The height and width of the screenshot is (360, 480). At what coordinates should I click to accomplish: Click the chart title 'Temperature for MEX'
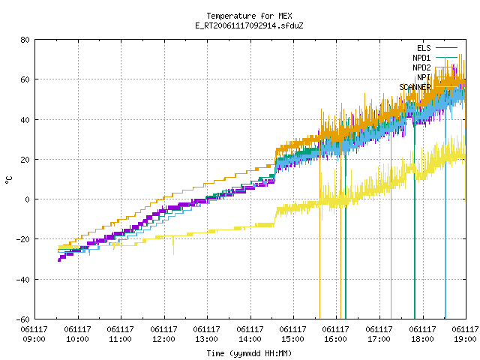(x=249, y=16)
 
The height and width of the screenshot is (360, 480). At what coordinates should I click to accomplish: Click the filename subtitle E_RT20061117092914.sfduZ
(x=249, y=25)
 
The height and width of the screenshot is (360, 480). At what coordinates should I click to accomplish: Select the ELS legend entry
(x=424, y=48)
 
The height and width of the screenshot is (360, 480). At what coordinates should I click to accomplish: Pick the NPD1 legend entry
(x=421, y=58)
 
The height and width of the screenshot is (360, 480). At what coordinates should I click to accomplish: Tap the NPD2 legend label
(x=421, y=67)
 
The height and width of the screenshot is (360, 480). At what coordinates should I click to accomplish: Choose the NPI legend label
(x=424, y=77)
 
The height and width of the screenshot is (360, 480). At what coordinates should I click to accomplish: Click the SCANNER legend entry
(x=415, y=87)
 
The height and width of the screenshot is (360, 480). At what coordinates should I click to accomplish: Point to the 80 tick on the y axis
(x=25, y=40)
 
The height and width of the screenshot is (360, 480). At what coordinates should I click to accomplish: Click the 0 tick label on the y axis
(x=28, y=199)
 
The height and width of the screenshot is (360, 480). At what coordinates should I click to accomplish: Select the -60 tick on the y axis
(x=23, y=319)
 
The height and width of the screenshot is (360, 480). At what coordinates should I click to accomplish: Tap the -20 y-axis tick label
(x=23, y=239)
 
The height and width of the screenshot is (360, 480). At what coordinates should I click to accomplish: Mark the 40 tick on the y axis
(x=25, y=120)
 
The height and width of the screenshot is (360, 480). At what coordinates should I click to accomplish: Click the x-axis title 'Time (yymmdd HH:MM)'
(x=249, y=353)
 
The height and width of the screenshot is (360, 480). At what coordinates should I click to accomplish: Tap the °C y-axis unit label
(x=8, y=180)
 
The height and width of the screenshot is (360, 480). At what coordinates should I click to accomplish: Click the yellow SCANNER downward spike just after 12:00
(x=173, y=245)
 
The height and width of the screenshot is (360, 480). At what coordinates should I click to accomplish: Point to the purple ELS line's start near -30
(x=59, y=260)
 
